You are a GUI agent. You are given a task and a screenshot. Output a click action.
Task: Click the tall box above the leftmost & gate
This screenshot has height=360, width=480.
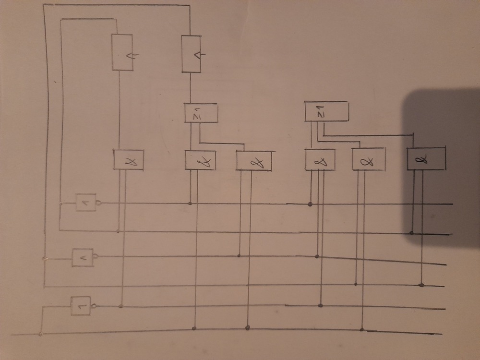(122, 52)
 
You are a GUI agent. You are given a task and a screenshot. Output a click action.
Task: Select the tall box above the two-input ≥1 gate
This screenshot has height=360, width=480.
(191, 54)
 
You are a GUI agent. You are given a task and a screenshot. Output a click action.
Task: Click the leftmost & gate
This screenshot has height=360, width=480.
(129, 160)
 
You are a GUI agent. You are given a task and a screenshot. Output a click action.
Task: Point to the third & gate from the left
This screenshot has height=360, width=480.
(254, 161)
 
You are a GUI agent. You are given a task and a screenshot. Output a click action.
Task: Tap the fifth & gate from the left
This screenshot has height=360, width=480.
(369, 160)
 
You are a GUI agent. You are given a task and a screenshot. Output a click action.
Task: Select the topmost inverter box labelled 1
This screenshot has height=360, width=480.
(86, 203)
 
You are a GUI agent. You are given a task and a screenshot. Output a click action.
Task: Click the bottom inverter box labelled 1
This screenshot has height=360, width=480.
(81, 306)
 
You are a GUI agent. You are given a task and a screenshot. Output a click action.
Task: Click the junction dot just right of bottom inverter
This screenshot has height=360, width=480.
(120, 306)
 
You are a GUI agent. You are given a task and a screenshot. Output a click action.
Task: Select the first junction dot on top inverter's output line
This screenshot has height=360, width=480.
(191, 204)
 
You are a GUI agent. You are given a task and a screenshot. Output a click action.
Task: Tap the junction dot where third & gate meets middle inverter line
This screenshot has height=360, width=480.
(240, 254)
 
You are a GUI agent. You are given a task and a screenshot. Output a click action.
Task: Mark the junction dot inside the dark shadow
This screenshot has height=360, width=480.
(412, 233)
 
